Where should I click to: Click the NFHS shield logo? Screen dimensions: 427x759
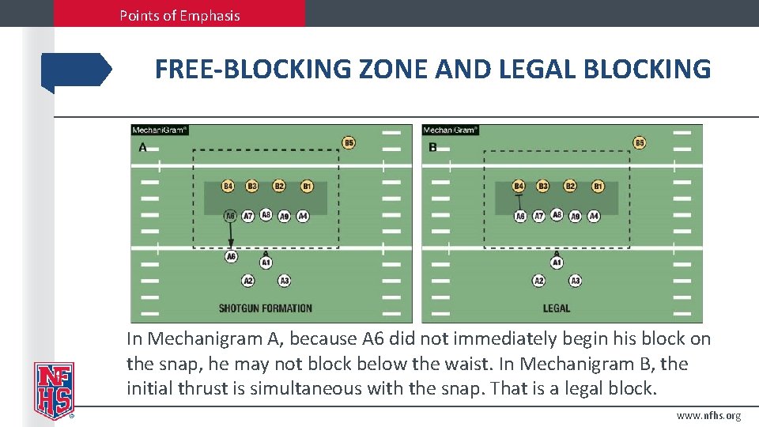pyautogui.click(x=53, y=390)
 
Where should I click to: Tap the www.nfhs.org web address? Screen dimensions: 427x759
pyautogui.click(x=708, y=416)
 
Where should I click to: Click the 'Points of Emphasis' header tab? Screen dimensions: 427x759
pyautogui.click(x=179, y=15)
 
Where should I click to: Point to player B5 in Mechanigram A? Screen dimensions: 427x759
pyautogui.click(x=349, y=143)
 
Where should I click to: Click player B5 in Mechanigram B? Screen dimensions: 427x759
pyautogui.click(x=640, y=143)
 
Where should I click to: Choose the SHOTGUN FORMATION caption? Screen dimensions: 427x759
pyautogui.click(x=266, y=308)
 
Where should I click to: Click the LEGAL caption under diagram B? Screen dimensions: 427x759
pyautogui.click(x=557, y=308)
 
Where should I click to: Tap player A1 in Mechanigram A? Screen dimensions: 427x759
pyautogui.click(x=266, y=263)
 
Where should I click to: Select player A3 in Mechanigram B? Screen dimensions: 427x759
pyautogui.click(x=576, y=281)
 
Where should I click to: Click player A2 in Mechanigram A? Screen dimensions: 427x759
pyautogui.click(x=248, y=281)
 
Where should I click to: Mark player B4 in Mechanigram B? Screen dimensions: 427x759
pyautogui.click(x=519, y=187)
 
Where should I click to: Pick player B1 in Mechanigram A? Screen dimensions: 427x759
pyautogui.click(x=307, y=187)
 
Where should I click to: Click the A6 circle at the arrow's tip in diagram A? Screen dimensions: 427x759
pyautogui.click(x=231, y=256)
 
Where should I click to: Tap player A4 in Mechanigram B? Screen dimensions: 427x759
pyautogui.click(x=594, y=216)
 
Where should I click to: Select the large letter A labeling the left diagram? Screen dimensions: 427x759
pyautogui.click(x=143, y=147)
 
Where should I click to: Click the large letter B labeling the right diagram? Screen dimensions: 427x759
pyautogui.click(x=432, y=147)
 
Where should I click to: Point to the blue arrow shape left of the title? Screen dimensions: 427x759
pyautogui.click(x=76, y=70)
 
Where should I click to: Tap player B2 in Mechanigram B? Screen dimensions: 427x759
pyautogui.click(x=570, y=187)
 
